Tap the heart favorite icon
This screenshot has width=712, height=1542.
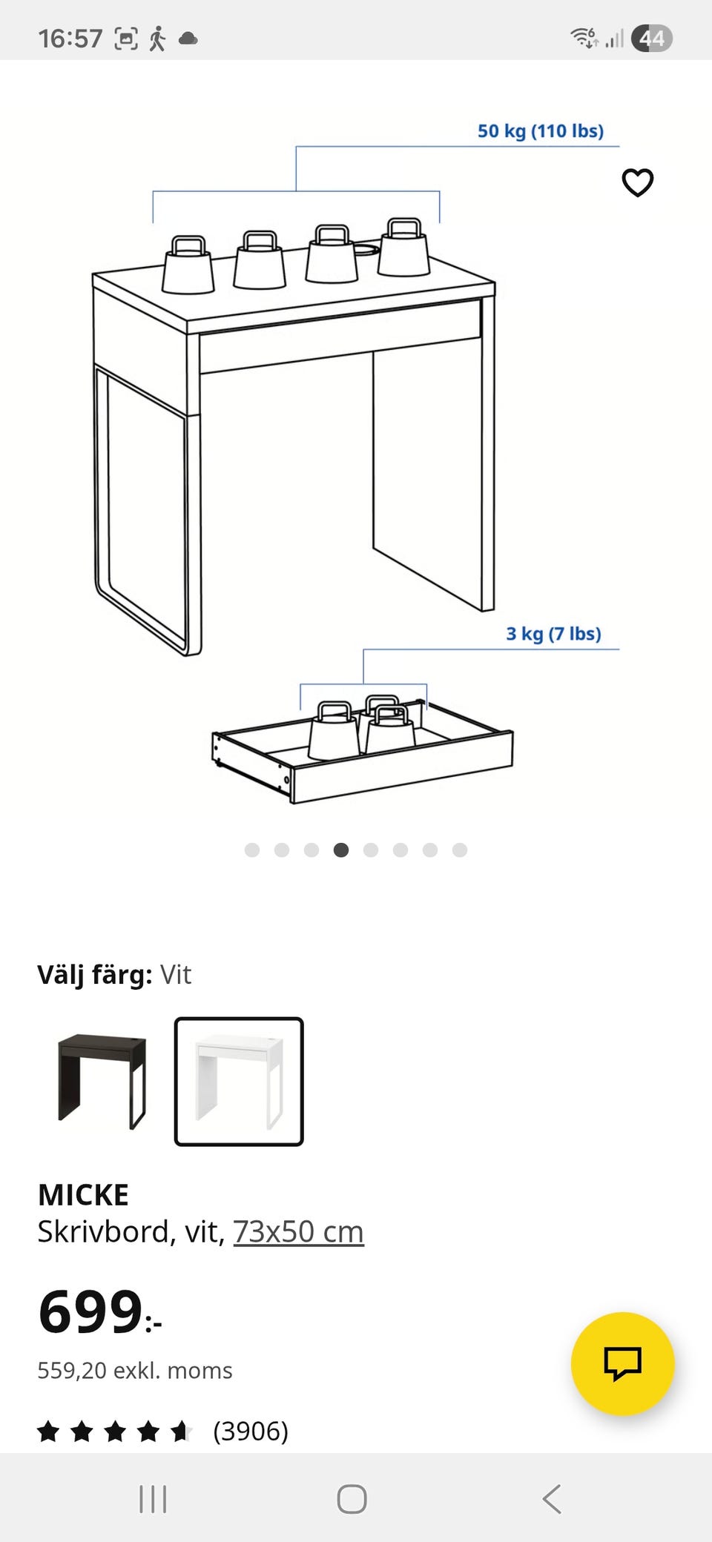click(x=637, y=182)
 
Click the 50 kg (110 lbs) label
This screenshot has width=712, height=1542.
click(x=541, y=131)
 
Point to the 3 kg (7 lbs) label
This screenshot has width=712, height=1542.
click(x=553, y=634)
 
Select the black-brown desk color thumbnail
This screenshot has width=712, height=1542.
click(x=102, y=1082)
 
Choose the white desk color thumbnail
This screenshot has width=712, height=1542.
click(x=239, y=1082)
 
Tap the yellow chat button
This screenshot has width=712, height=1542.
click(x=622, y=1364)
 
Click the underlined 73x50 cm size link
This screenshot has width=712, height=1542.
click(x=298, y=1232)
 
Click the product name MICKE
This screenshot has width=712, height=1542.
click(x=83, y=1195)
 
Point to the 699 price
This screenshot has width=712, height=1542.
click(x=90, y=1312)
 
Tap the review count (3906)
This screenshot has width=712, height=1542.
click(x=251, y=1431)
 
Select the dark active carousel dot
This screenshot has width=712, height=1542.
click(x=341, y=850)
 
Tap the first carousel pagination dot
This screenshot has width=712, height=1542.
click(x=252, y=850)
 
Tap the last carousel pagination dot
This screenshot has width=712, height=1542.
click(x=460, y=850)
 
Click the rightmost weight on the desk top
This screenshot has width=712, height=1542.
click(x=404, y=247)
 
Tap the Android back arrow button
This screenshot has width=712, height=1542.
click(x=552, y=1499)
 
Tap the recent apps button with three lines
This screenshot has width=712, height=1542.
click(x=153, y=1499)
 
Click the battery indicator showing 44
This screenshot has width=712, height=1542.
click(x=651, y=39)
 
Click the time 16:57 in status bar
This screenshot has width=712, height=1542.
click(x=70, y=39)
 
